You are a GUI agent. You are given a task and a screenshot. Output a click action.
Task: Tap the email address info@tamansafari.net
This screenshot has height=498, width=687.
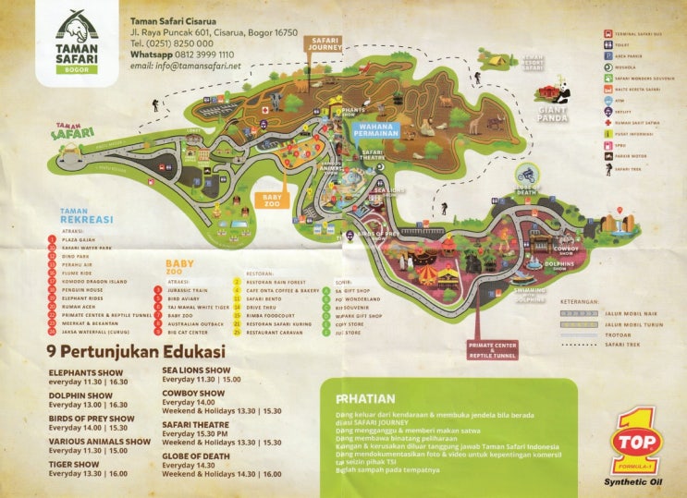[x=186, y=67]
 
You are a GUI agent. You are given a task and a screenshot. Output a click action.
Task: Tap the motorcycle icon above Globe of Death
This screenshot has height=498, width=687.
[x=527, y=173]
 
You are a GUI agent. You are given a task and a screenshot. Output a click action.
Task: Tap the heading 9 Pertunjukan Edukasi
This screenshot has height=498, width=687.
[x=137, y=351]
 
